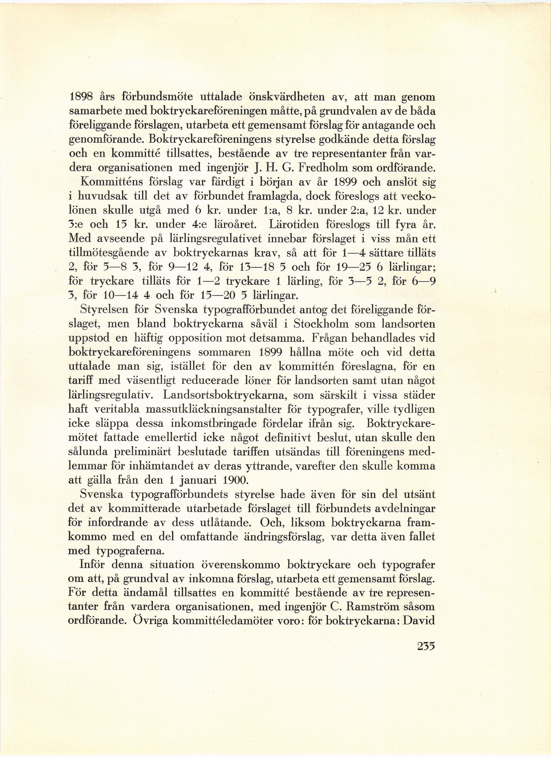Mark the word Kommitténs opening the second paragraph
click(x=112, y=182)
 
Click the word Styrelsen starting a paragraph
click(x=105, y=310)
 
